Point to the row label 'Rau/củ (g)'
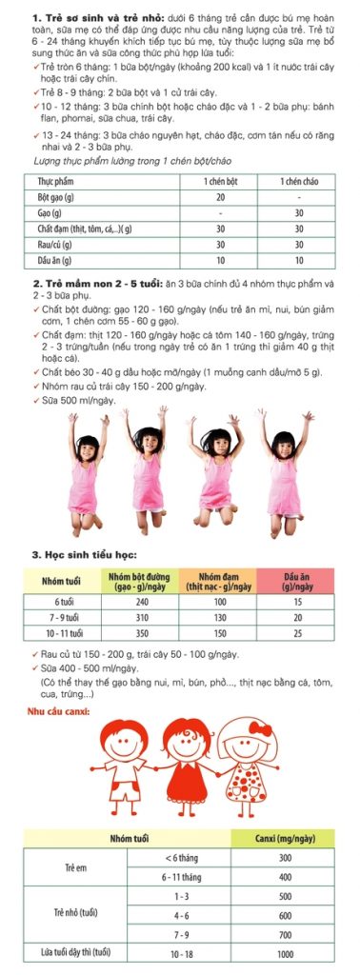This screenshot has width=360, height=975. tap(55, 244)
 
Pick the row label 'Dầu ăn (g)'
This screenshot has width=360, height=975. tap(55, 260)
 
